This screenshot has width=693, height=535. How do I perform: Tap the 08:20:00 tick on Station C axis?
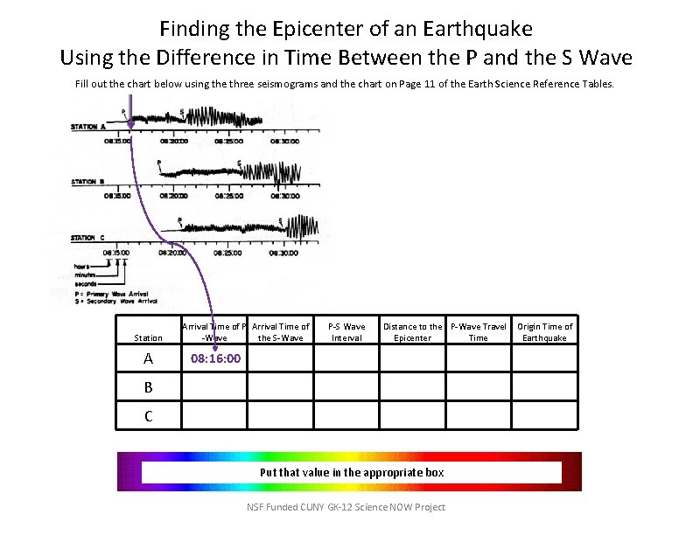pyautogui.click(x=172, y=252)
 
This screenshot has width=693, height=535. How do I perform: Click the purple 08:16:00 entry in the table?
pyautogui.click(x=215, y=358)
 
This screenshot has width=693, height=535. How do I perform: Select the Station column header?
pyautogui.click(x=148, y=337)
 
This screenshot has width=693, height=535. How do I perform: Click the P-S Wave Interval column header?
pyautogui.click(x=346, y=332)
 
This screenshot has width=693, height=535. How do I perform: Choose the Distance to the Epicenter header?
pyautogui.click(x=412, y=332)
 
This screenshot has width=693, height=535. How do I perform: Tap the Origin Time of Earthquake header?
pyautogui.click(x=544, y=332)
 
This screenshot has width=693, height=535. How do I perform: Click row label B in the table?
pyautogui.click(x=148, y=386)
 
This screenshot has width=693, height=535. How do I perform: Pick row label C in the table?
pyautogui.click(x=148, y=416)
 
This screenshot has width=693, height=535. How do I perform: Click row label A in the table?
pyautogui.click(x=148, y=358)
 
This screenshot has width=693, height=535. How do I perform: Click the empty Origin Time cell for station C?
pyautogui.click(x=544, y=415)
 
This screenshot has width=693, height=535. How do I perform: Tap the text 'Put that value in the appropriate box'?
pyautogui.click(x=351, y=472)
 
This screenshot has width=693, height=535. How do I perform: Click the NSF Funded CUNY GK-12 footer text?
pyautogui.click(x=346, y=507)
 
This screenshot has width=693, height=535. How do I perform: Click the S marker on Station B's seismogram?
pyautogui.click(x=240, y=163)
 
